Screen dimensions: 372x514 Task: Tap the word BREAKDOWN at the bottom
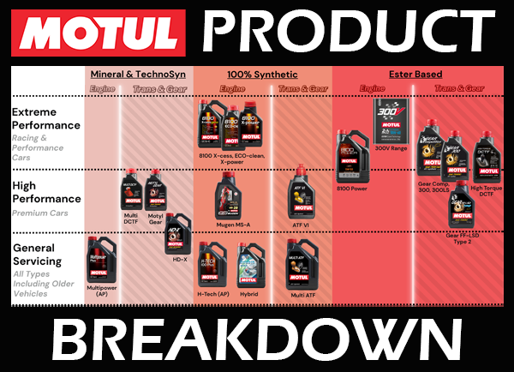click(257, 339)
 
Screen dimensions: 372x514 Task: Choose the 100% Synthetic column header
click(263, 74)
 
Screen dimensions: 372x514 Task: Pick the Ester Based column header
click(415, 74)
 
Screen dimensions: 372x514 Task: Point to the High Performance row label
click(47, 191)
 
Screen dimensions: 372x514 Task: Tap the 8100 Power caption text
click(351, 188)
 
